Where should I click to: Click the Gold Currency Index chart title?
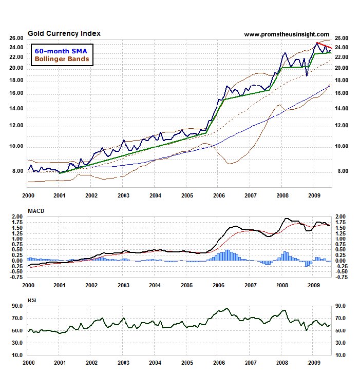(x=64, y=34)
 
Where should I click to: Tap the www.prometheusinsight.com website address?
(x=286, y=34)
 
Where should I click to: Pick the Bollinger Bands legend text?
(x=61, y=59)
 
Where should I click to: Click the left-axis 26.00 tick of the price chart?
(x=16, y=38)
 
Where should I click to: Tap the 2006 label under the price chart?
(x=219, y=195)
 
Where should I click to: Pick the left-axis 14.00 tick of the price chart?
(x=16, y=109)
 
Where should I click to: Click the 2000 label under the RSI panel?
(x=28, y=363)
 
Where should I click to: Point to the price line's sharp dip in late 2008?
(x=307, y=75)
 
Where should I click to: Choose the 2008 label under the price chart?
(x=282, y=195)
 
